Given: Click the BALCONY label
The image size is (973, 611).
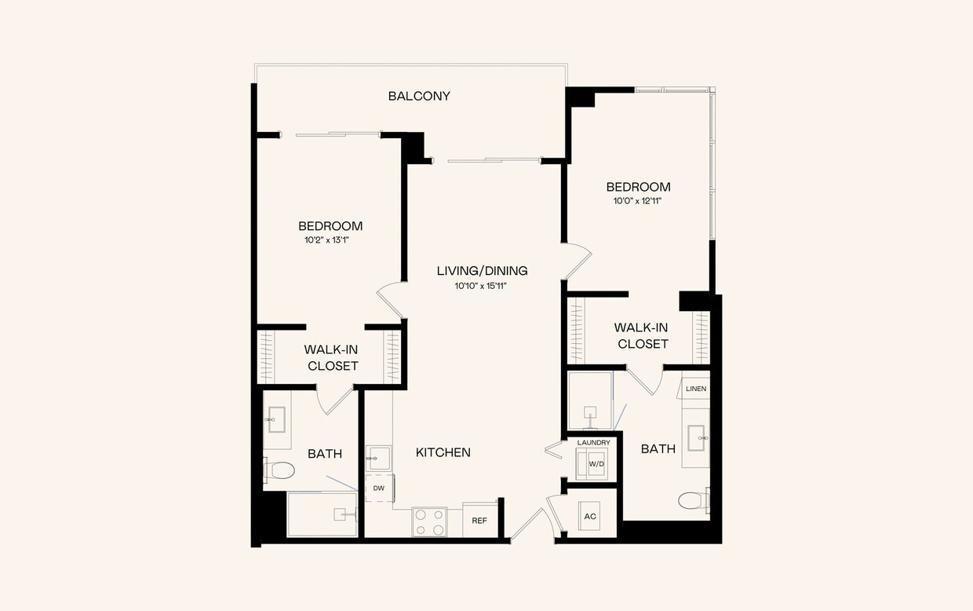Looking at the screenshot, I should (x=419, y=96).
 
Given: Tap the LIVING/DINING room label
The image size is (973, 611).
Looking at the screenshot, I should (x=482, y=271).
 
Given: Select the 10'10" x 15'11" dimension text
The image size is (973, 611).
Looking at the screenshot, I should (x=482, y=287).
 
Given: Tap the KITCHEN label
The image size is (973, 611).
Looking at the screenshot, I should (x=443, y=452).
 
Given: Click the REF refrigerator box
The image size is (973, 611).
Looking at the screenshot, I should (x=479, y=521).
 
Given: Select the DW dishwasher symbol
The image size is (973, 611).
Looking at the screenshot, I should (x=379, y=488).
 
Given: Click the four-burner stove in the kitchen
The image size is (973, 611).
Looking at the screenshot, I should (x=429, y=522).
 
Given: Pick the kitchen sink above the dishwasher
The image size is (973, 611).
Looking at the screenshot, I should (x=378, y=457).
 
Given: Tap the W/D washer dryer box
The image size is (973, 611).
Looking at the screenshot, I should (x=596, y=464).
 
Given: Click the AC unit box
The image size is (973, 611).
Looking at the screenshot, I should (x=589, y=516).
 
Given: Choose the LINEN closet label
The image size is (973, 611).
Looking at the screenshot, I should (x=696, y=389).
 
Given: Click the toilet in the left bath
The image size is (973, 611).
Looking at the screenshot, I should (x=279, y=470).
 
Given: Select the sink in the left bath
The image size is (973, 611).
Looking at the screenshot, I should (x=277, y=419).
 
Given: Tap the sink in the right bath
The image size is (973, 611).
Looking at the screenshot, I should (x=696, y=437).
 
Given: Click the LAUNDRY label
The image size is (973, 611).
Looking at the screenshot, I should (x=593, y=443).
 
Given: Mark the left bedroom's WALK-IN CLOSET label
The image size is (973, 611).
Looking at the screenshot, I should (x=333, y=357).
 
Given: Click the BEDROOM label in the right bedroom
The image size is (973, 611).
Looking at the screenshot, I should (x=638, y=187).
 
